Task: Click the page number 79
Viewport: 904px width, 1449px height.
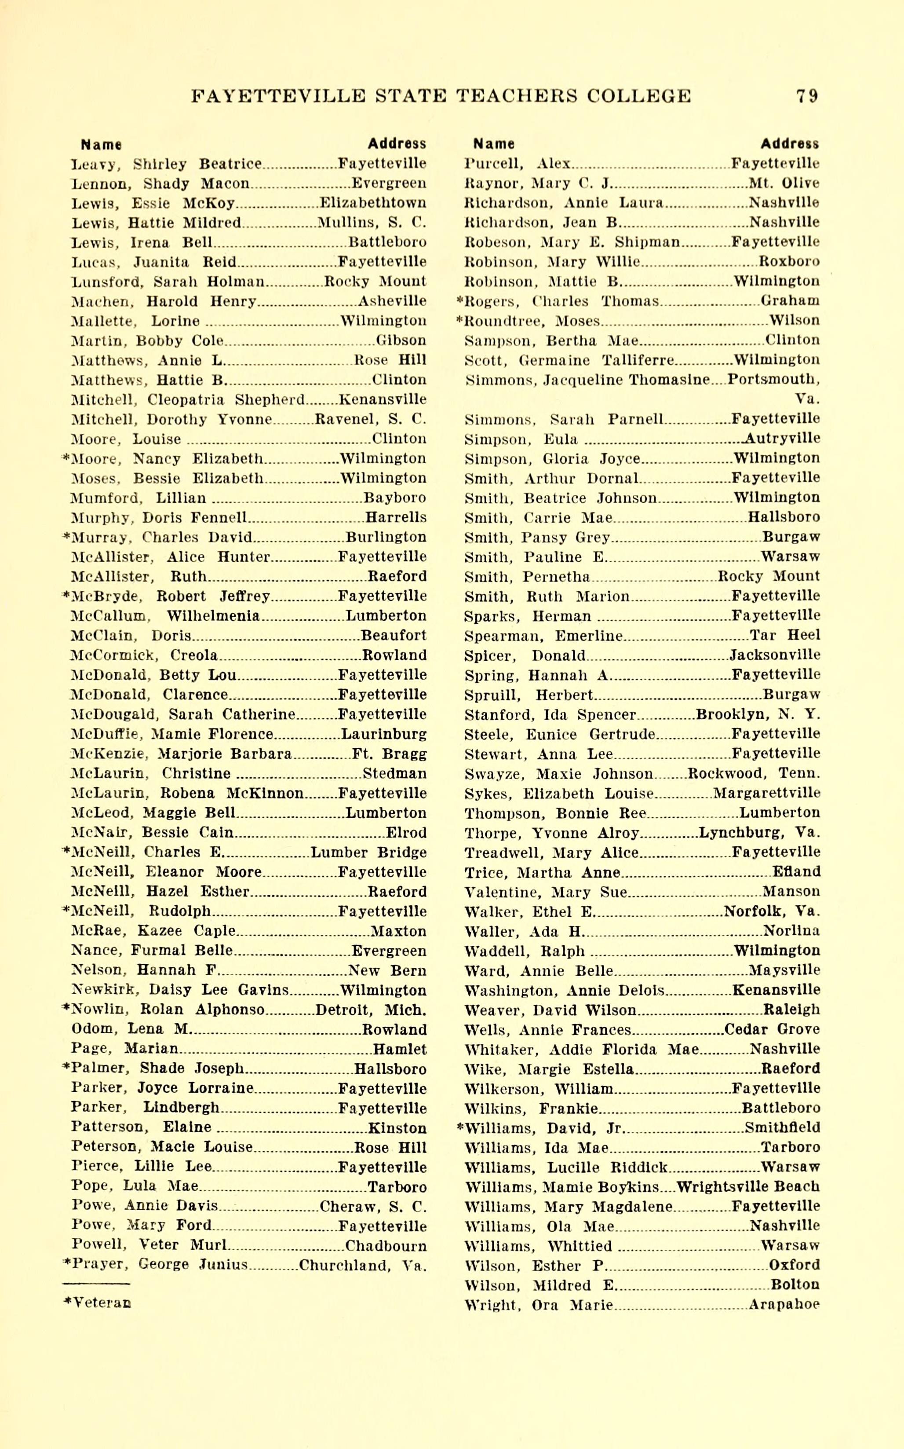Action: pos(806,96)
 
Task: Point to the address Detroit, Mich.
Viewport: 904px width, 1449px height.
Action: pos(371,1010)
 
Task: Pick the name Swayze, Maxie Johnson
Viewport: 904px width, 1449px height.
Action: pos(558,774)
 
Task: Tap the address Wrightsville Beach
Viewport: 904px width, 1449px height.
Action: pos(748,1186)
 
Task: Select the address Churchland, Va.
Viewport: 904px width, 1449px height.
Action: pos(362,1265)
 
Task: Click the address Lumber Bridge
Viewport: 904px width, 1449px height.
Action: pos(368,852)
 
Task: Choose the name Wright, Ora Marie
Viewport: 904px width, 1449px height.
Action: pos(538,1305)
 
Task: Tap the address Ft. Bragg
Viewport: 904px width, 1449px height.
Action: pos(389,754)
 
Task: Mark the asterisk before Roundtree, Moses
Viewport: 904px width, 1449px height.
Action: pos(460,321)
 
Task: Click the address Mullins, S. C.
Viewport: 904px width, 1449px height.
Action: pos(371,223)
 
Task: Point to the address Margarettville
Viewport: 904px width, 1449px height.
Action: pos(766,793)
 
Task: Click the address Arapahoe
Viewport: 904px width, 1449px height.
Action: pos(784,1305)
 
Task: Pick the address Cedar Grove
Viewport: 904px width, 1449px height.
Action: pos(772,1029)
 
